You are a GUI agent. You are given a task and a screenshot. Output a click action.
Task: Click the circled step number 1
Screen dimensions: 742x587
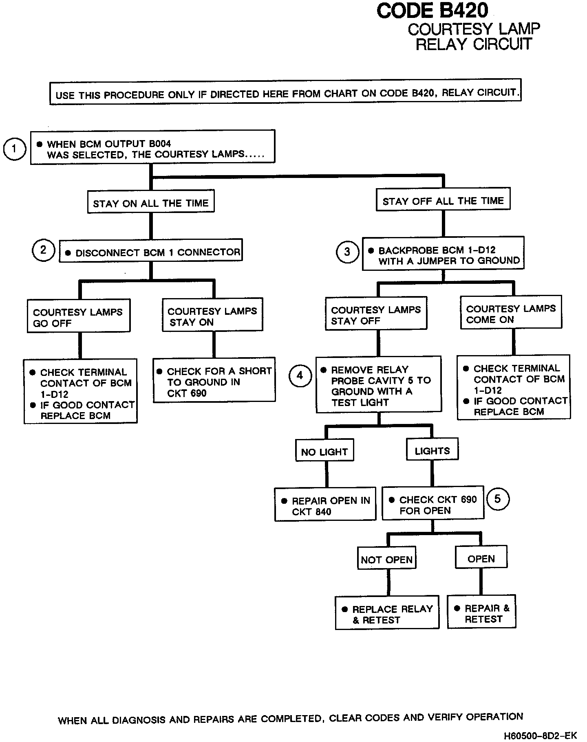point(15,149)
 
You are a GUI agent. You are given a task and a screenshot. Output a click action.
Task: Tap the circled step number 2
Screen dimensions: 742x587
point(43,250)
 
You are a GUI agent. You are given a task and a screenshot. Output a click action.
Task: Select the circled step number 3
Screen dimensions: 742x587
point(347,252)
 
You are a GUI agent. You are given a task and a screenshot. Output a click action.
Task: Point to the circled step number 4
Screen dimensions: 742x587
point(300,375)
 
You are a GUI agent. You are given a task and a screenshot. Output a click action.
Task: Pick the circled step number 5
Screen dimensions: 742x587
point(497,499)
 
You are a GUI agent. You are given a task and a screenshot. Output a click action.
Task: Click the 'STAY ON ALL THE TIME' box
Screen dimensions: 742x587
point(151,203)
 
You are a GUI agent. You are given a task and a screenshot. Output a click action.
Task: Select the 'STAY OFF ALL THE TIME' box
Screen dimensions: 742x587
point(443,200)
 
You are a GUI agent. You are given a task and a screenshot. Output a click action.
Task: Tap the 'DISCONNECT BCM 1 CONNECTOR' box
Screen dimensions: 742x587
point(151,252)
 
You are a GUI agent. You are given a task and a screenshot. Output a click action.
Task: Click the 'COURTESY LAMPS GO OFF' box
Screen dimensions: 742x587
point(79,317)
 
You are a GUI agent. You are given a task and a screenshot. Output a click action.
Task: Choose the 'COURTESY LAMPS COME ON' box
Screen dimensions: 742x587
point(511,314)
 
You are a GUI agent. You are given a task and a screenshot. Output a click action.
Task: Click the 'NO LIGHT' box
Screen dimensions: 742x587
point(324,451)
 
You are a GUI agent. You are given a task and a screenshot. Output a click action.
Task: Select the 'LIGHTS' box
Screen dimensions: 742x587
point(433,450)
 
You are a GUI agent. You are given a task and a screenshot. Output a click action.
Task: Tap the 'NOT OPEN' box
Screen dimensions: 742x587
point(386,560)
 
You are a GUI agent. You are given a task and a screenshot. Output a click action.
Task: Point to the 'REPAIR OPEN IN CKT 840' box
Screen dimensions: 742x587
point(325,505)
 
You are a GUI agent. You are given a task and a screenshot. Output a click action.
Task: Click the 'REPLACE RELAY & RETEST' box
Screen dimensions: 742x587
point(387,614)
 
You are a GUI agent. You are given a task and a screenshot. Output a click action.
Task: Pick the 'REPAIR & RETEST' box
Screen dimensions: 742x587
point(481,613)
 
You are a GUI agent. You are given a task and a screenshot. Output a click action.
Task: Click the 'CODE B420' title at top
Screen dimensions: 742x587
point(432,11)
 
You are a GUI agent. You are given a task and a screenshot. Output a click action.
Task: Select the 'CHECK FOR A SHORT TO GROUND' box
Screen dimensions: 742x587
point(214,382)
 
